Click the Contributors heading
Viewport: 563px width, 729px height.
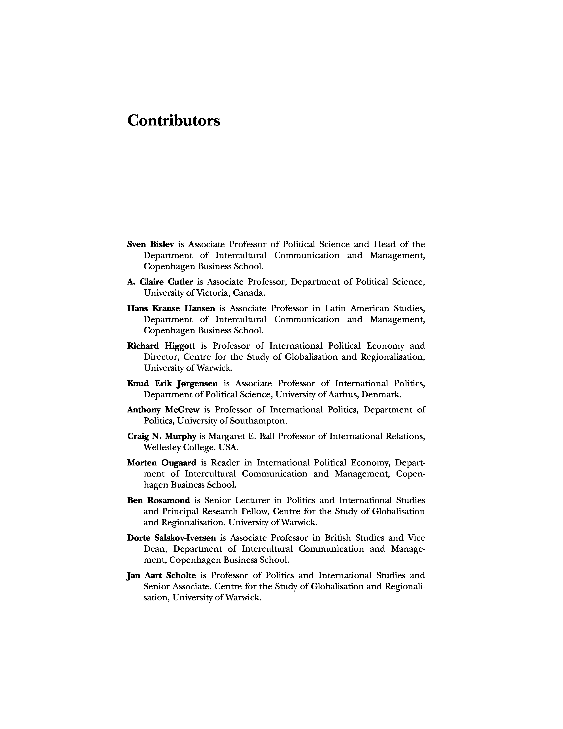[174, 120]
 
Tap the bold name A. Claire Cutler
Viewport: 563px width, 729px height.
[160, 282]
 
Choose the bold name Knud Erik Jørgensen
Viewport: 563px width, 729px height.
[172, 383]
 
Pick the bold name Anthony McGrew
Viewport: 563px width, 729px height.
[163, 410]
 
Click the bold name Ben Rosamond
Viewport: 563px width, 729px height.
[159, 500]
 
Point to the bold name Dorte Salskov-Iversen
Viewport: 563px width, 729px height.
[171, 538]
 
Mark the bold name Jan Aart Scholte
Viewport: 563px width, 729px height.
[161, 576]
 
